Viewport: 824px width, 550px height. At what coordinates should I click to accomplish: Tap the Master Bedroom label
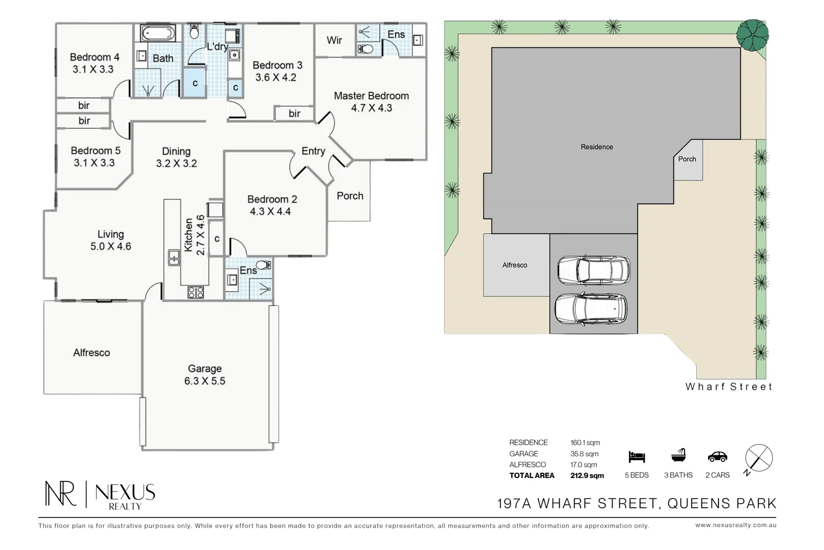(371, 96)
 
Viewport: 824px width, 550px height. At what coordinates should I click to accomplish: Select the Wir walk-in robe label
(335, 40)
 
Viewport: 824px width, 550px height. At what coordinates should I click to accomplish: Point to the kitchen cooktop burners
(196, 292)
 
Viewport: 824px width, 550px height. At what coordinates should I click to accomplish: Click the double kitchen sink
(174, 257)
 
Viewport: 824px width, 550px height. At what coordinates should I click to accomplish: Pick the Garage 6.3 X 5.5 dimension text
(205, 381)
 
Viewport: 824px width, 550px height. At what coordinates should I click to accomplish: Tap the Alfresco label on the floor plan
(92, 353)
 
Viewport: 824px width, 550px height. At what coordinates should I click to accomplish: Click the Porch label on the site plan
(687, 159)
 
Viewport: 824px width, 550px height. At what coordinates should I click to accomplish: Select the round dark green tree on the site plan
(752, 35)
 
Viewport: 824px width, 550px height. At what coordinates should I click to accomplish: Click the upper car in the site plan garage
(594, 270)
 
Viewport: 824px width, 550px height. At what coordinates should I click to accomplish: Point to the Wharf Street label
(729, 387)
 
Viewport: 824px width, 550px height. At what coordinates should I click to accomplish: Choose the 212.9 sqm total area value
(587, 475)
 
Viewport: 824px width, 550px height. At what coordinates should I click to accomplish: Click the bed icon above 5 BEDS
(637, 457)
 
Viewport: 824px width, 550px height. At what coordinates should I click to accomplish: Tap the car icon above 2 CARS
(718, 457)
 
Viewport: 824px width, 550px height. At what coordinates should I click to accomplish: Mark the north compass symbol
(758, 458)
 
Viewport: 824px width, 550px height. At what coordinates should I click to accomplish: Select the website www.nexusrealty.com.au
(736, 526)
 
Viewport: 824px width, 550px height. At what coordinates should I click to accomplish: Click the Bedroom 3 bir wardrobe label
(294, 114)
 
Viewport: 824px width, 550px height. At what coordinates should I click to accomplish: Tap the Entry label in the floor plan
(313, 151)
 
